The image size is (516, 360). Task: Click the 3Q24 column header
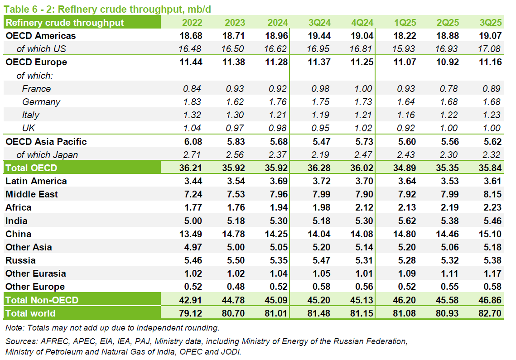tap(319, 23)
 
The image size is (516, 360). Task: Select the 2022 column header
tap(192, 23)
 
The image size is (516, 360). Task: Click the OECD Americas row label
tap(41, 36)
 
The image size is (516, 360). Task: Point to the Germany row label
tap(41, 102)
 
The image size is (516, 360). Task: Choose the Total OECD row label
tap(31, 168)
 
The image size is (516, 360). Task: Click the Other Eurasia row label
tap(36, 274)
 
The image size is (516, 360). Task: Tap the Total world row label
tap(30, 313)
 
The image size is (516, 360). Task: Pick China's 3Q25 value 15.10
tap(490, 234)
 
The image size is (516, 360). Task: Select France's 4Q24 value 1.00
tap(363, 89)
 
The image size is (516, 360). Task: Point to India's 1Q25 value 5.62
tap(405, 221)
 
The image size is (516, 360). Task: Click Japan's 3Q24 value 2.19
tap(319, 155)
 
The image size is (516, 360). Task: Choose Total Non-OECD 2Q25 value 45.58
tap(448, 300)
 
